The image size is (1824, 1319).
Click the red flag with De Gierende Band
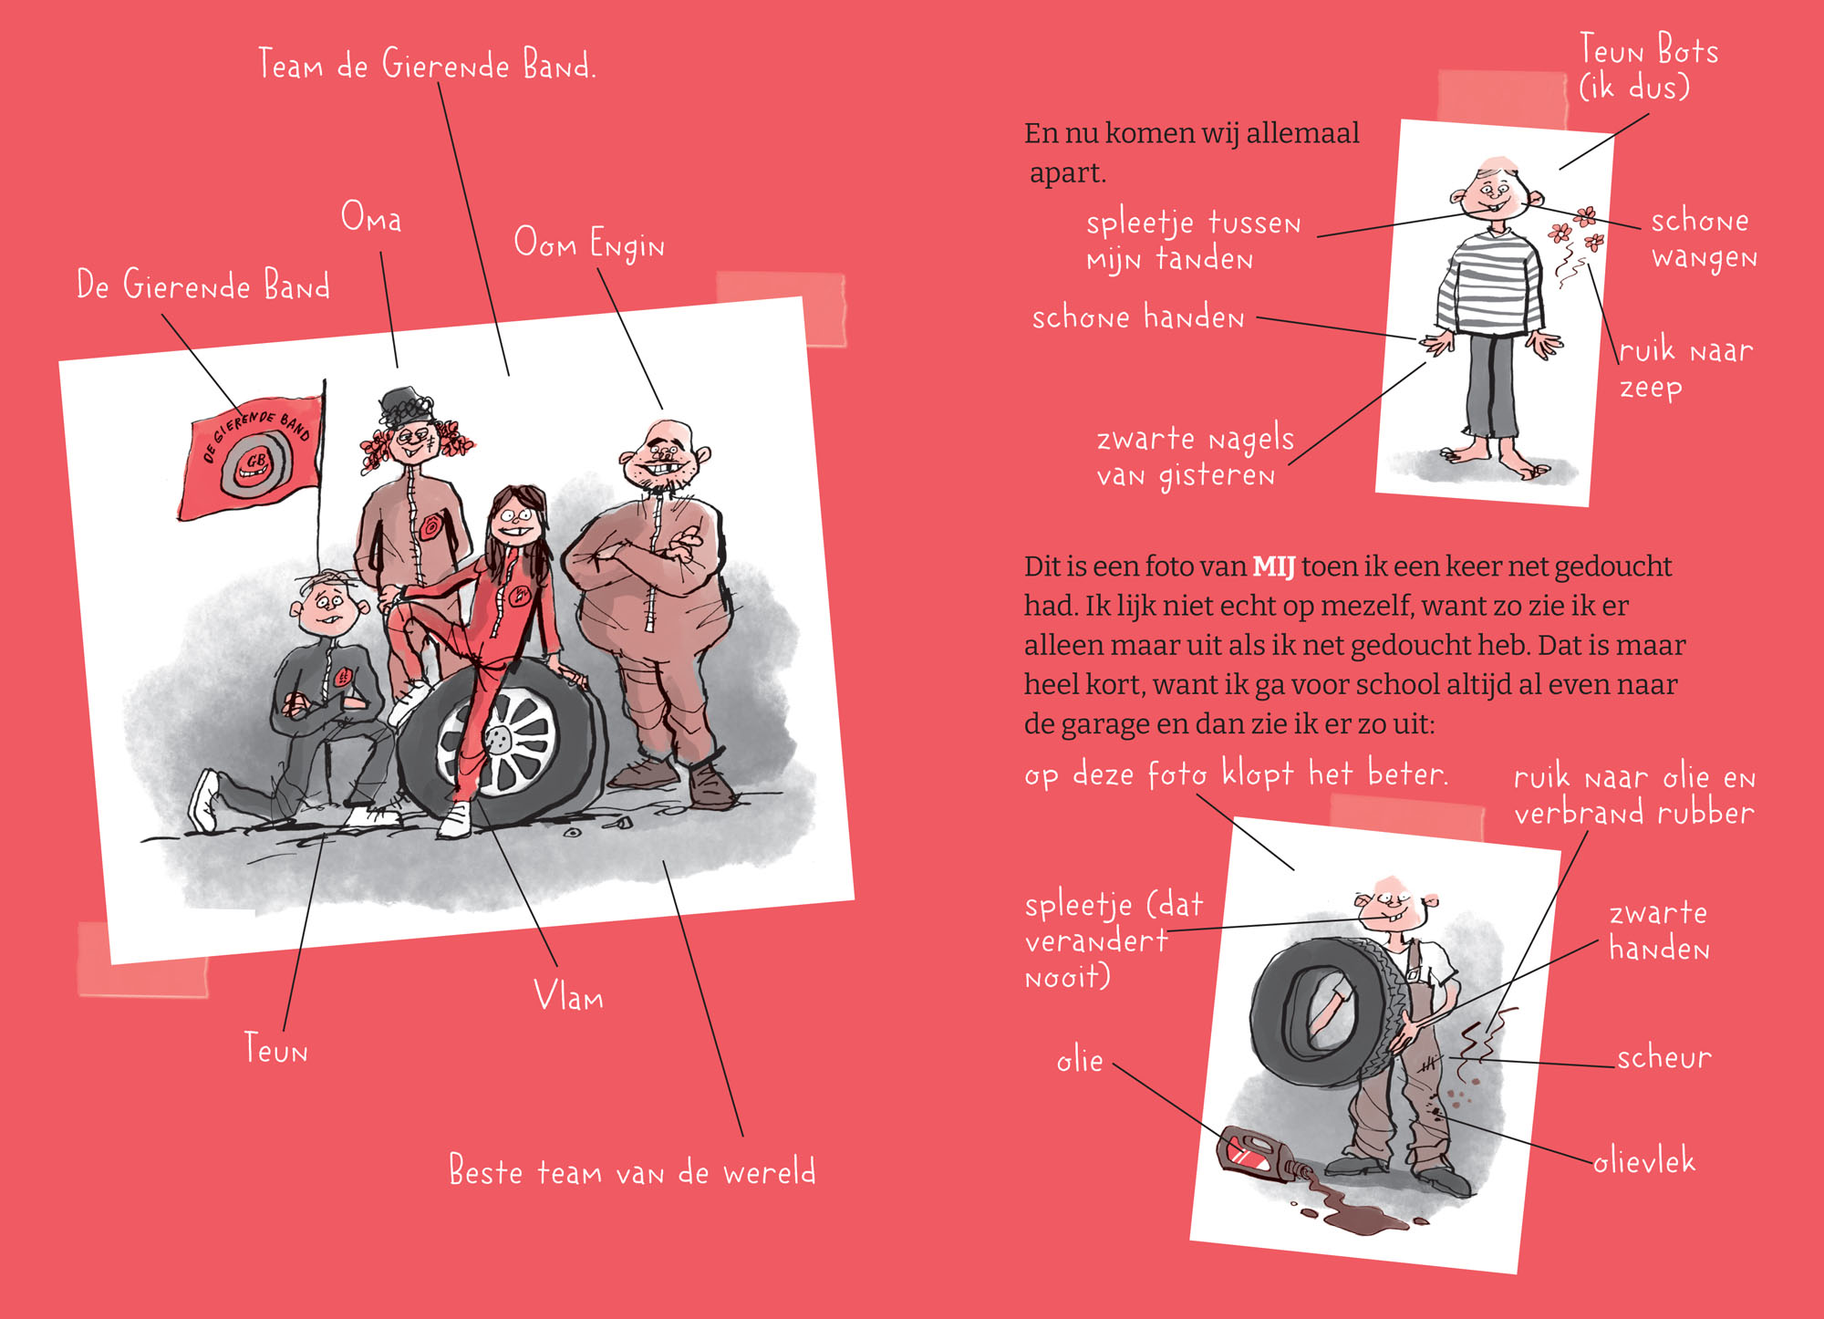tap(251, 457)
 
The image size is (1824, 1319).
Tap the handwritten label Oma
tap(371, 217)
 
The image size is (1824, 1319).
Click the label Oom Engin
tap(589, 244)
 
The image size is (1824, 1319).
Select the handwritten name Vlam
tap(568, 995)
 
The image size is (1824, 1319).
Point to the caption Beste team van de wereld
tap(632, 1170)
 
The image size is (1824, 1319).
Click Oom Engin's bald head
tap(664, 441)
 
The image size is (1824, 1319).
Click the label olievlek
tap(1644, 1161)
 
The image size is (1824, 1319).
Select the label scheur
tap(1664, 1057)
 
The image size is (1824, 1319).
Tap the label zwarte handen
tap(1659, 930)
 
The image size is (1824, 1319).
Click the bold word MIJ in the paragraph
tap(1274, 566)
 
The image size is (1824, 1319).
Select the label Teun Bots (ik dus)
tap(1648, 67)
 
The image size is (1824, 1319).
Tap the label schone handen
tap(1138, 317)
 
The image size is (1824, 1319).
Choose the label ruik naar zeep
tap(1685, 368)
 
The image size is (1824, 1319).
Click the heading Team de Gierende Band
tap(427, 64)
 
